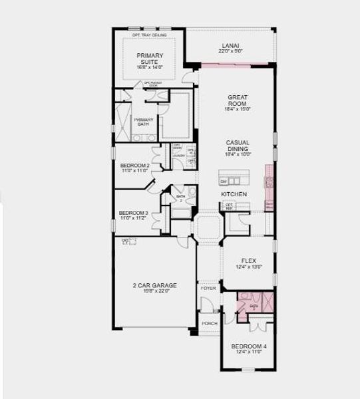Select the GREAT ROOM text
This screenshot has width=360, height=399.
tap(237, 100)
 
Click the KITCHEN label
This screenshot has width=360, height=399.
tap(234, 194)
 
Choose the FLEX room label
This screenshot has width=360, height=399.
tap(249, 261)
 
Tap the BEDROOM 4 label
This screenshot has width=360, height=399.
tap(248, 346)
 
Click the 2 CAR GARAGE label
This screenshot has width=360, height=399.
tap(154, 285)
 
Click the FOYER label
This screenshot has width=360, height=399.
tap(208, 289)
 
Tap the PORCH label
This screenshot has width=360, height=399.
tap(209, 324)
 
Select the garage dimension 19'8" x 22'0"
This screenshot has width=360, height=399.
tap(154, 291)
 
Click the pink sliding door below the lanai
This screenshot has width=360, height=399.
tap(231, 64)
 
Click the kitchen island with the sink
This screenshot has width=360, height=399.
tap(235, 180)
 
